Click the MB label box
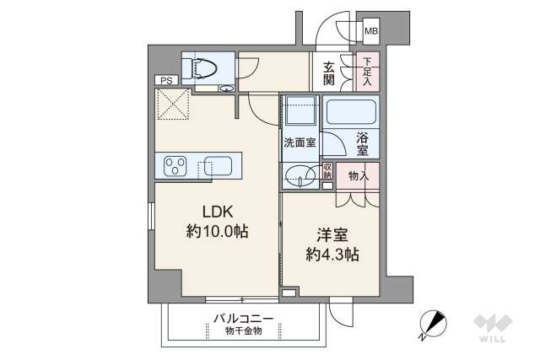[x=371, y=33]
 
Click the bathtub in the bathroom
[x=352, y=113]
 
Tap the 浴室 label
[x=362, y=142]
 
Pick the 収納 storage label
[x=328, y=172]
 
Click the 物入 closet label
[x=359, y=175]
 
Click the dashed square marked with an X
[x=172, y=106]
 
